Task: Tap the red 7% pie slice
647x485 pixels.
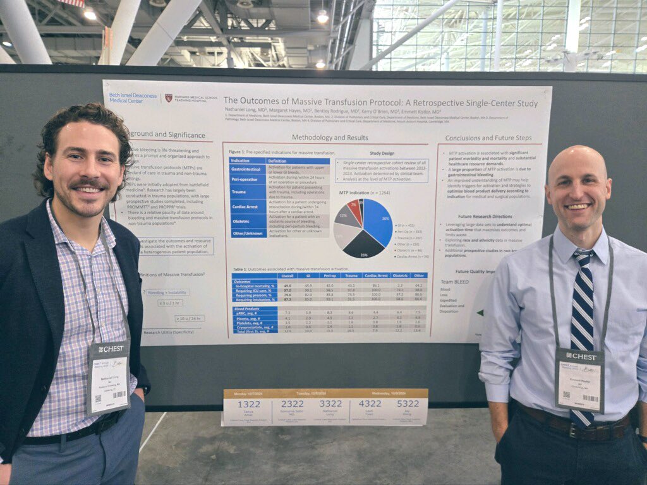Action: pyautogui.click(x=356, y=210)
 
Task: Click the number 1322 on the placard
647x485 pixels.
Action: pyautogui.click(x=249, y=404)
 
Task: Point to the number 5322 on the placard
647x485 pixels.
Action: pyautogui.click(x=408, y=403)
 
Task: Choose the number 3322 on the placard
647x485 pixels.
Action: pyautogui.click(x=331, y=403)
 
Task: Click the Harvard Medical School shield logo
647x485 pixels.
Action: pyautogui.click(x=169, y=98)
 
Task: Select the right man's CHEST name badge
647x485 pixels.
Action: pyautogui.click(x=579, y=379)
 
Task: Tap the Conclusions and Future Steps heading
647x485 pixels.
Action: pyautogui.click(x=488, y=138)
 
